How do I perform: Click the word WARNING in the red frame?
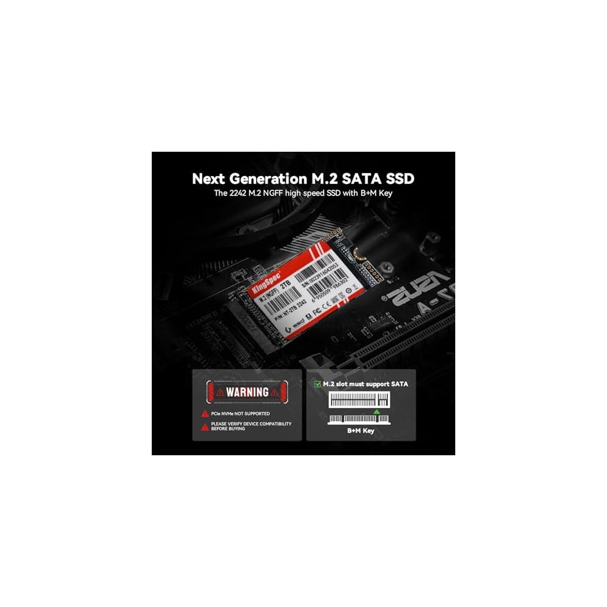[x=248, y=392]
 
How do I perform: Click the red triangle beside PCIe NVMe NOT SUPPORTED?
[x=205, y=414]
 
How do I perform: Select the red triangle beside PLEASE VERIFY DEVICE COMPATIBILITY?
[x=205, y=426]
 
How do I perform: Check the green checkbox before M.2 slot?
[x=317, y=384]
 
